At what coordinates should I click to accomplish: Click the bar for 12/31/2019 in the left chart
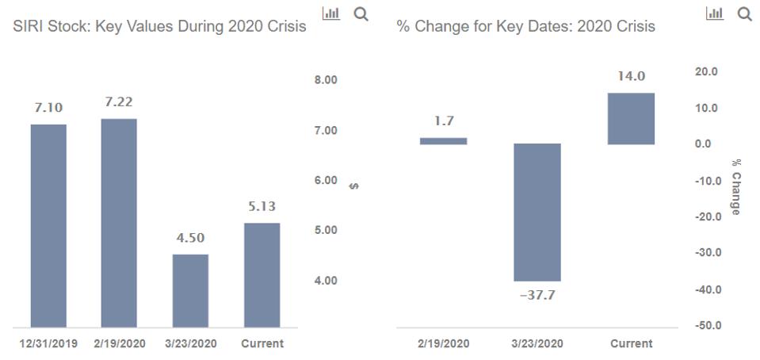pyautogui.click(x=48, y=225)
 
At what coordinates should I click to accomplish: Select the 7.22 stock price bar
pyautogui.click(x=119, y=223)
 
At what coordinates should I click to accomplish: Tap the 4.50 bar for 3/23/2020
pyautogui.click(x=190, y=290)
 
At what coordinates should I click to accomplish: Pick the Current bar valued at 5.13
pyautogui.click(x=262, y=274)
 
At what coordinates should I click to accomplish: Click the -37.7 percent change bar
pyautogui.click(x=537, y=213)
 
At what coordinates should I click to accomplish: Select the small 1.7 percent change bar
pyautogui.click(x=443, y=141)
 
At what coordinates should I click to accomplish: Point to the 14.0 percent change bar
pyautogui.click(x=632, y=118)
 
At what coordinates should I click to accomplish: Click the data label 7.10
pyautogui.click(x=48, y=108)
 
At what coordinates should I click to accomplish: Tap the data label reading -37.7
pyautogui.click(x=537, y=295)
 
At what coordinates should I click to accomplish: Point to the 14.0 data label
pyautogui.click(x=632, y=76)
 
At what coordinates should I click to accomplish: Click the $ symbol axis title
pyautogui.click(x=354, y=186)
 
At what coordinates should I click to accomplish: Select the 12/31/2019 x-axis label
pyautogui.click(x=48, y=343)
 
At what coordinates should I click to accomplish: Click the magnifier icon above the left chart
pyautogui.click(x=361, y=14)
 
